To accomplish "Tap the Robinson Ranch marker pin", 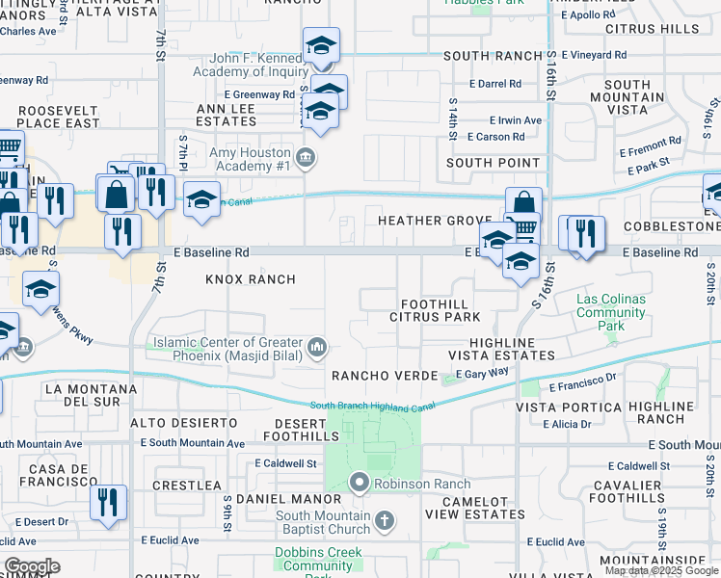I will [x=360, y=481].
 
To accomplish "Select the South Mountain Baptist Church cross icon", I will [x=384, y=522].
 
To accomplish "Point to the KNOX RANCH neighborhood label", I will [x=250, y=279].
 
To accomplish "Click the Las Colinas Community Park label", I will [x=611, y=312].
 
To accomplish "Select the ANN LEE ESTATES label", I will [x=226, y=115].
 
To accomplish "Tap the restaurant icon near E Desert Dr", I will [x=108, y=501].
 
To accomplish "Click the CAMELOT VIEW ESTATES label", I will [x=469, y=508].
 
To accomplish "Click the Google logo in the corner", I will [x=32, y=566].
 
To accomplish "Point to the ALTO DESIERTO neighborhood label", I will [x=183, y=423].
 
